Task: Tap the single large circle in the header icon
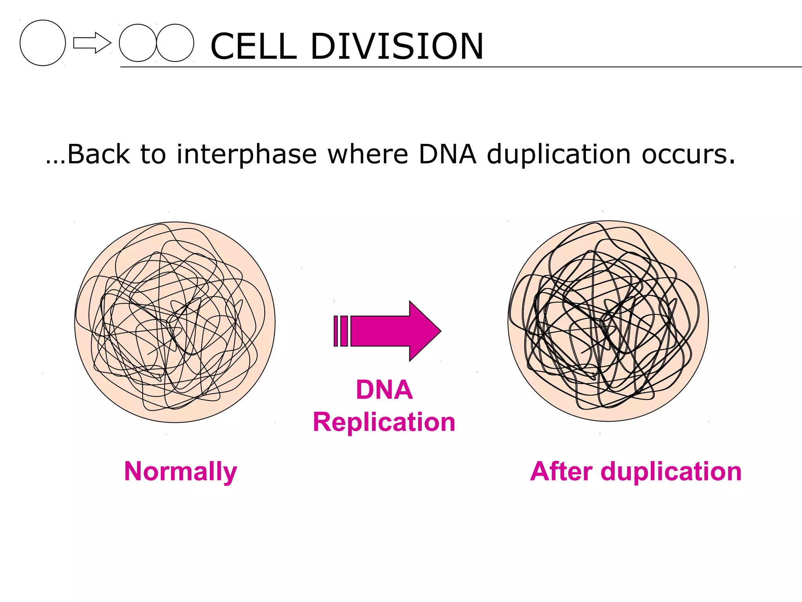coord(43,43)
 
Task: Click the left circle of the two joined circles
coord(137,43)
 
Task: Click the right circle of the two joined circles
coord(175,43)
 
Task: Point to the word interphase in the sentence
coord(246,154)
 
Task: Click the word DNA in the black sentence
coord(447,154)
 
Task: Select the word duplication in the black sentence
coord(559,154)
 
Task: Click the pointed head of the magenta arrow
coord(424,331)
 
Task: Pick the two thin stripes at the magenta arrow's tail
coord(341,331)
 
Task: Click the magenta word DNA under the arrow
coord(384,390)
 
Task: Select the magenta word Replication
coord(384,422)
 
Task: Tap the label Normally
coord(181,471)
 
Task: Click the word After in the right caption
coord(561,471)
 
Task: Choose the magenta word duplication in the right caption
coord(671,471)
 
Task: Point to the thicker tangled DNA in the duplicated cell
coord(608,321)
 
